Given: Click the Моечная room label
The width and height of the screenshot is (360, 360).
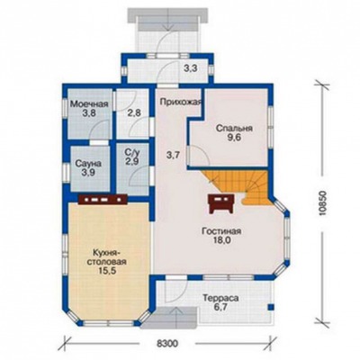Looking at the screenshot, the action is [x=89, y=104].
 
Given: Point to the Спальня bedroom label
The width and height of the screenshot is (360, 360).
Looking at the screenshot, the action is [x=234, y=129].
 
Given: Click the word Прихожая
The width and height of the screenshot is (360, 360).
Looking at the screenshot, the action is [x=180, y=102].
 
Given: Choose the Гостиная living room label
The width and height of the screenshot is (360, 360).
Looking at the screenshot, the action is [x=221, y=231].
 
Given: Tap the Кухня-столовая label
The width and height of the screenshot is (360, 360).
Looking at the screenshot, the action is [x=106, y=256].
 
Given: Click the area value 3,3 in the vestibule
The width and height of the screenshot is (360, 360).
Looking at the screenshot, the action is [x=190, y=68].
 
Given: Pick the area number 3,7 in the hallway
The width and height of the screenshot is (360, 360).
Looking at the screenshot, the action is [x=173, y=155].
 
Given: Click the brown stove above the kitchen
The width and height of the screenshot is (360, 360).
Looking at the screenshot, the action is [x=103, y=199].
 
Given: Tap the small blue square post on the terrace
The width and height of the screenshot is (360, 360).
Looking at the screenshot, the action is [x=270, y=307].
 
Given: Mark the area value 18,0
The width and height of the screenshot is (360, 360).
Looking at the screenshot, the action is [x=221, y=240].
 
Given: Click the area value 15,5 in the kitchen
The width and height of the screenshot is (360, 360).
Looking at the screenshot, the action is [x=106, y=270].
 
